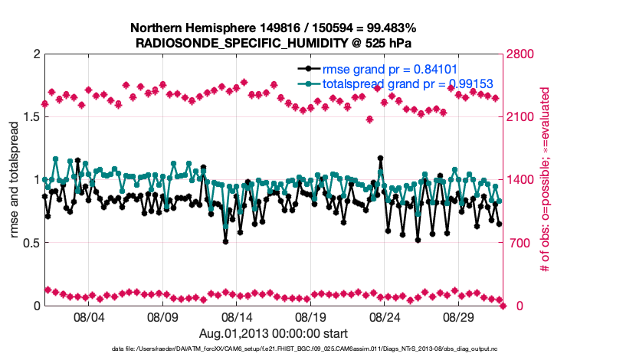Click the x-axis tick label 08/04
click(x=88, y=316)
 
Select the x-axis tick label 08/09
click(x=162, y=316)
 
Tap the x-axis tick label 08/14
click(x=237, y=316)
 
